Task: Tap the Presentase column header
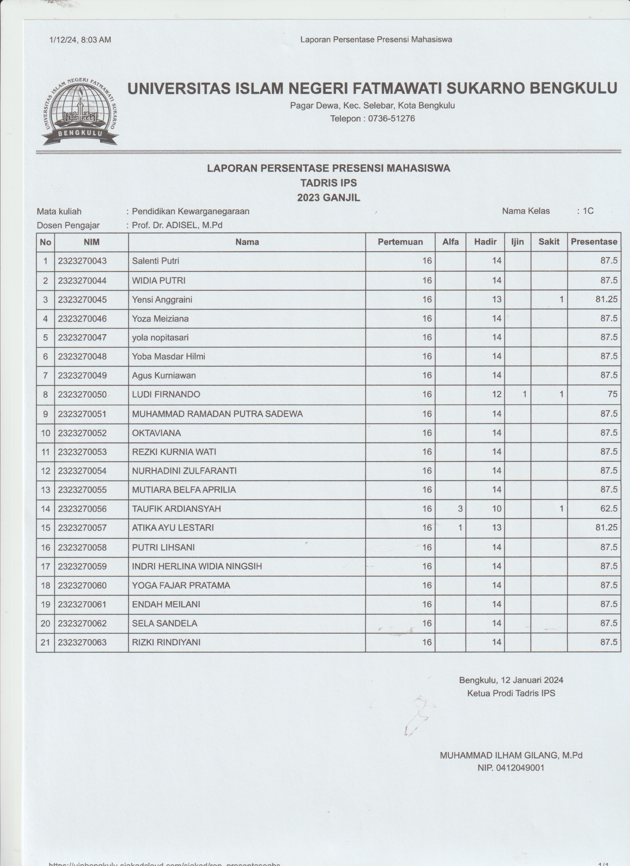click(x=594, y=242)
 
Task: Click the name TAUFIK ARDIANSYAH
click(x=176, y=509)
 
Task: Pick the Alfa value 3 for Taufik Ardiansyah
click(x=460, y=509)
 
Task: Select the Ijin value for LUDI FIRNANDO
click(x=525, y=394)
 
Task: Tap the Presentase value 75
click(x=612, y=394)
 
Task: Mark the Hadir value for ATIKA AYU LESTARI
click(x=496, y=528)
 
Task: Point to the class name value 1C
click(x=588, y=211)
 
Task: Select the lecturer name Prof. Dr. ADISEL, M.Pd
click(x=177, y=225)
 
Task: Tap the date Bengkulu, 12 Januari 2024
click(x=511, y=680)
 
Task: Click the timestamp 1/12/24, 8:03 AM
click(x=80, y=40)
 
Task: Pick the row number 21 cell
click(x=45, y=642)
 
